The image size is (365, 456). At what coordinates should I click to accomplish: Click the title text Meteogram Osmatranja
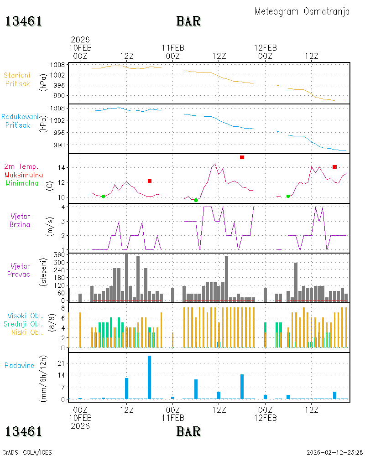coord(302,12)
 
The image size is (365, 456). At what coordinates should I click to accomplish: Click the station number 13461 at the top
coord(24,21)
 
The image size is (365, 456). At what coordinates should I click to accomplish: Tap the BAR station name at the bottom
coord(188,431)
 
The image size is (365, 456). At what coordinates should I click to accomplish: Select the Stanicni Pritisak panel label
coord(17,79)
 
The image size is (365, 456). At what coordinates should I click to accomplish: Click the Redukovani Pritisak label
coord(20,121)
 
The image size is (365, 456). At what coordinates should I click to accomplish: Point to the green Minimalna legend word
coord(22,183)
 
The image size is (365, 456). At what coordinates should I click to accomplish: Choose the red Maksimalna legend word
coord(24,175)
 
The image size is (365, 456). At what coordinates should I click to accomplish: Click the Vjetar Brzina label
coord(20,220)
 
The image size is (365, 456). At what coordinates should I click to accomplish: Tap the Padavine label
coord(19,366)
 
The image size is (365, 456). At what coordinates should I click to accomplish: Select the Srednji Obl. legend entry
coord(23,324)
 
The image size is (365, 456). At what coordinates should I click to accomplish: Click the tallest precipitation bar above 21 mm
coord(149,377)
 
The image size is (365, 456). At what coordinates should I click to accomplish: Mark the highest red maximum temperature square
coord(242,157)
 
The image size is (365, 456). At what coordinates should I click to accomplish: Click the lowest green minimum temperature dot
coord(196,200)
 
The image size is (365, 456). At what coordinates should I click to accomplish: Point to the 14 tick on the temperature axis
coord(61,168)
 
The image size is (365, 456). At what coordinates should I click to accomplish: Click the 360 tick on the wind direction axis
coord(59,255)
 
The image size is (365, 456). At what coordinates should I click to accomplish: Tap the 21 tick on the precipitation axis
coord(61,363)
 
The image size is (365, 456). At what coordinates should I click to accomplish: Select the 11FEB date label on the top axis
coord(173,48)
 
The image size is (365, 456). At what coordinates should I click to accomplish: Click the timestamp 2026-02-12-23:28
coord(335,452)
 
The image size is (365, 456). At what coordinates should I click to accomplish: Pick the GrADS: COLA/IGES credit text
coord(27,452)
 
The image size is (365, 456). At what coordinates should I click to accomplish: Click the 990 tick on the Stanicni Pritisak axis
coord(59,96)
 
